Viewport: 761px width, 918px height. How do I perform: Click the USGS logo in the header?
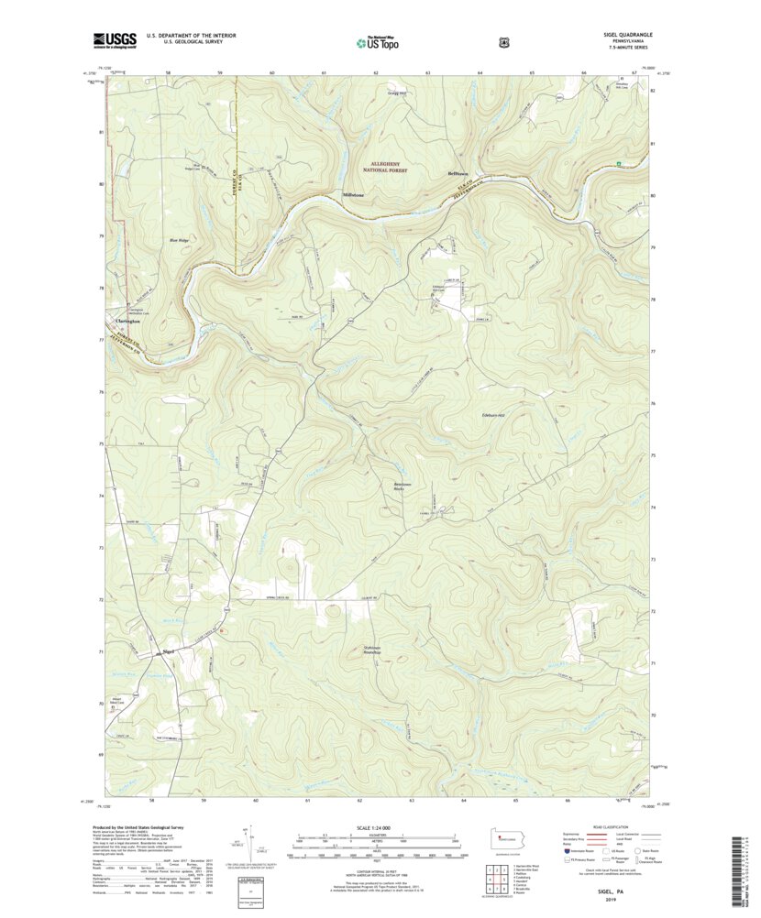[x=114, y=40]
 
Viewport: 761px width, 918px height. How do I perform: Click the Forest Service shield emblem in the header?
[x=502, y=41]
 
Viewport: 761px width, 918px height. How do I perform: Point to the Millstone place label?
[x=354, y=195]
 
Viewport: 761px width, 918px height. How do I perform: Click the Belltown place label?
[x=458, y=173]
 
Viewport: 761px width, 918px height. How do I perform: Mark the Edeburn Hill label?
[x=493, y=415]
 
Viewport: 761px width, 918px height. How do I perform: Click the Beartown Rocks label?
[x=406, y=486]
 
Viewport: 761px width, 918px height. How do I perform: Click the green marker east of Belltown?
[x=619, y=164]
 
